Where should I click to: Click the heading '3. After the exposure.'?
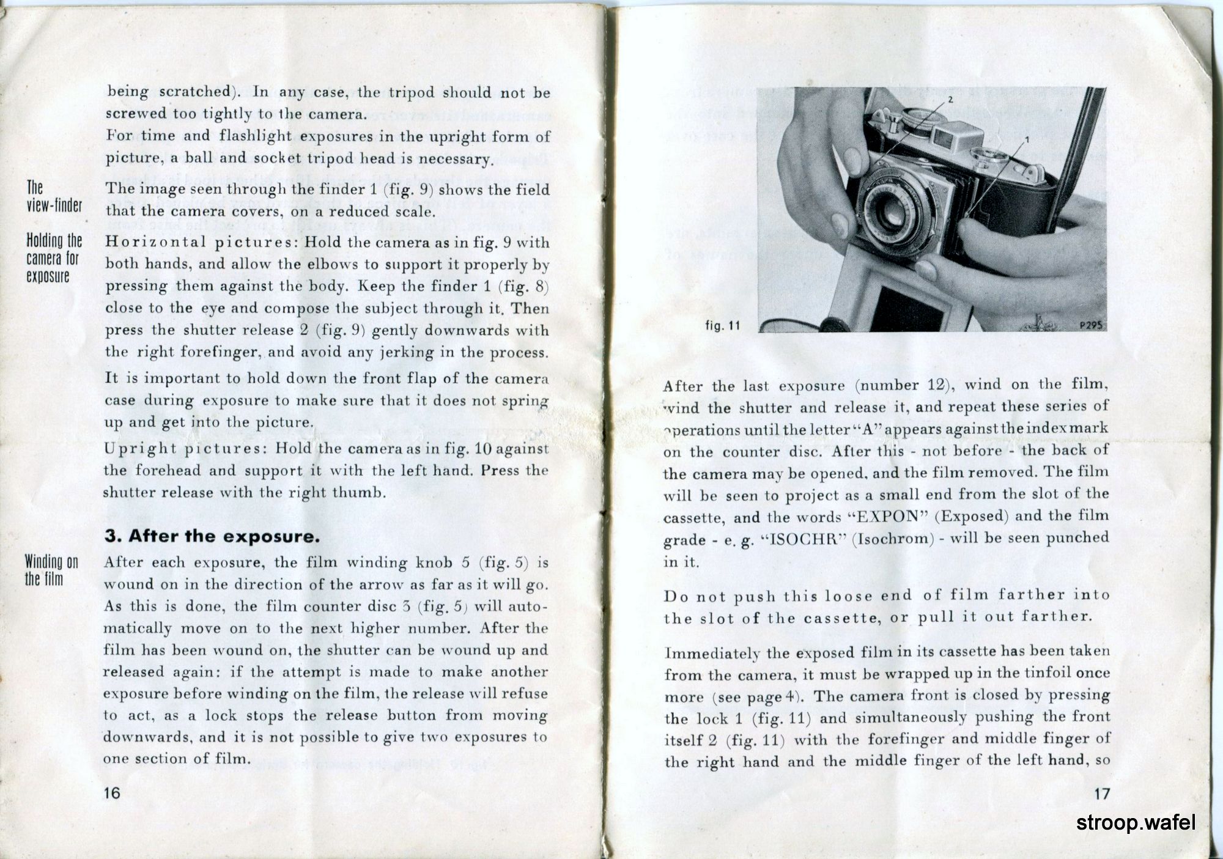[212, 537]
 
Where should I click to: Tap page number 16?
[112, 793]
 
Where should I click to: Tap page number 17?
[1101, 794]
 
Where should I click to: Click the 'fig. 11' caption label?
[722, 326]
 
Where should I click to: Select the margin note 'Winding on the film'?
[51, 570]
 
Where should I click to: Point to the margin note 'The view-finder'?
[54, 196]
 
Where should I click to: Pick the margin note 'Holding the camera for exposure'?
[52, 258]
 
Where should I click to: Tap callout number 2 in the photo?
[950, 98]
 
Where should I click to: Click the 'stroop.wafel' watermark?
[1136, 823]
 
